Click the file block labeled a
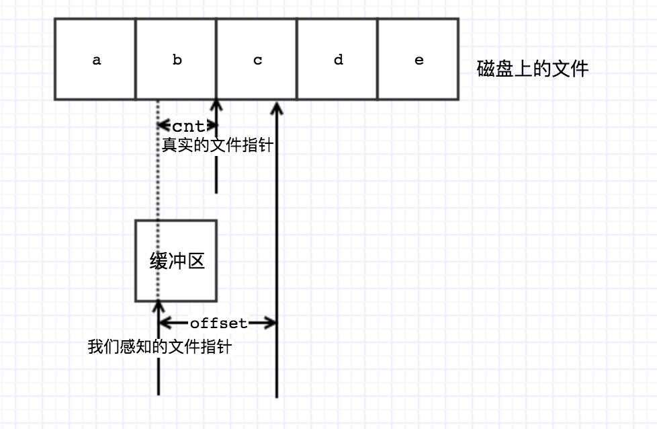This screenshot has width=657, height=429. (95, 60)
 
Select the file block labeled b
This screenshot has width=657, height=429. (176, 60)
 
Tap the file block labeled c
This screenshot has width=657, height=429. (257, 60)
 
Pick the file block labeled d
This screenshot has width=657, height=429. (337, 60)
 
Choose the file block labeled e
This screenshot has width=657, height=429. (418, 60)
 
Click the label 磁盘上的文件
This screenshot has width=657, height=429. (532, 69)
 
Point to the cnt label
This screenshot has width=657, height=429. (188, 126)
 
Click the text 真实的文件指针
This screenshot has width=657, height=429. (217, 144)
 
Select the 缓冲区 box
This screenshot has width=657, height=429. (176, 260)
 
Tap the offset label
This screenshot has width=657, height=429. (218, 323)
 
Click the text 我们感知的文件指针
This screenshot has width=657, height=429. (160, 347)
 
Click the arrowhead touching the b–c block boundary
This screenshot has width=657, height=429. (216, 106)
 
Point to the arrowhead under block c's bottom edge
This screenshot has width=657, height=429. (276, 106)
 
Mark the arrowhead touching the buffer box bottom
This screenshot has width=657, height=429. (159, 306)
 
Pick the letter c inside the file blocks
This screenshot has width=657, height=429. (257, 61)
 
